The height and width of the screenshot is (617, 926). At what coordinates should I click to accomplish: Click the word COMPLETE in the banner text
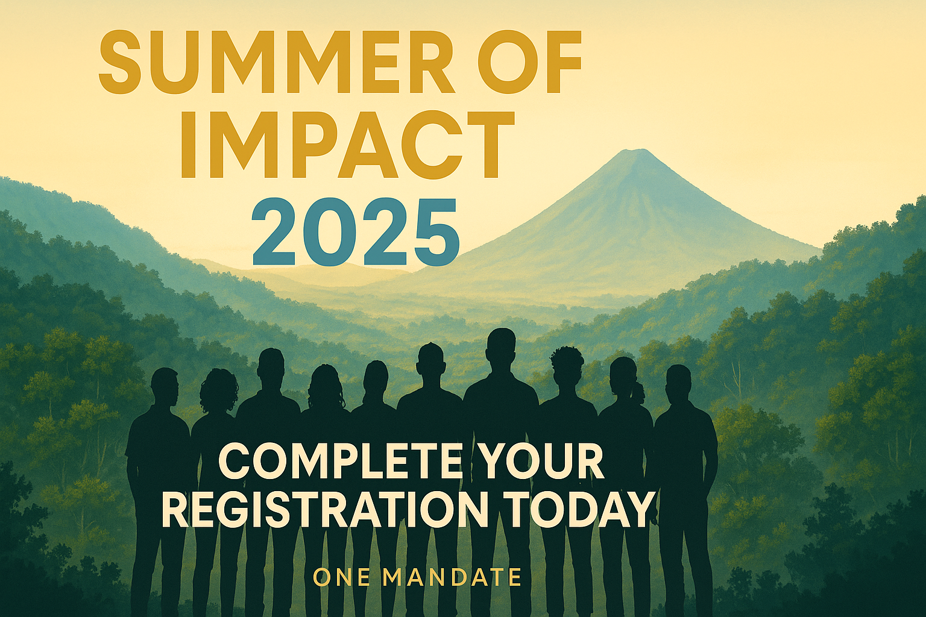pos(338,465)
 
